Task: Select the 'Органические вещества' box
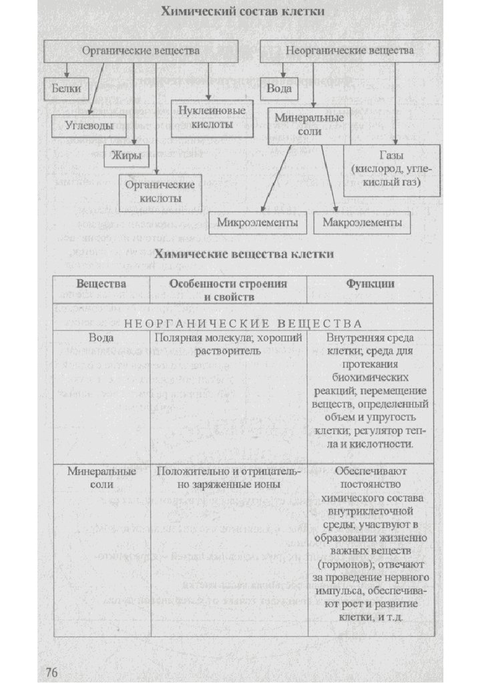pos(140,51)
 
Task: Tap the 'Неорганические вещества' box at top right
pos(349,51)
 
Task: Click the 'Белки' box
pos(66,88)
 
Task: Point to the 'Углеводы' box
pos(88,124)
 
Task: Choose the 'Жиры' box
pos(126,156)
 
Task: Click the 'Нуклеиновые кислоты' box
pos(209,118)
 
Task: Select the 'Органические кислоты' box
pos(158,191)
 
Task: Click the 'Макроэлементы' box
pos(363,222)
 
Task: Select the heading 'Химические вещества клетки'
pos(243,255)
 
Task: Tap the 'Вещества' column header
pos(101,283)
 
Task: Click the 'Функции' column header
pos(369,283)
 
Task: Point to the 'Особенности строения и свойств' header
pos(228,289)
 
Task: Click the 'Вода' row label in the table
pos(101,338)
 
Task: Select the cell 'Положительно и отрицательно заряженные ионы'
pos(229,478)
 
